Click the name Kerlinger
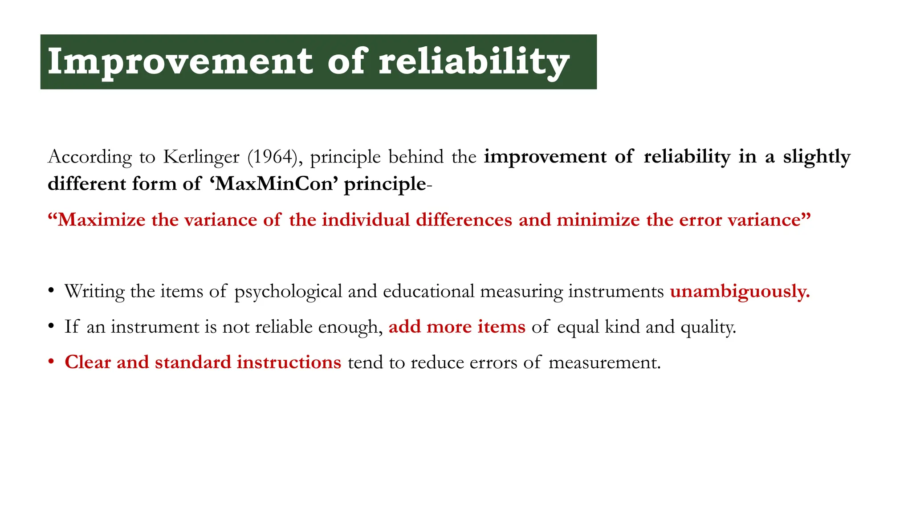201,157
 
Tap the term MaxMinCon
273,184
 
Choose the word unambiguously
740,292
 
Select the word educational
428,292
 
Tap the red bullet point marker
51,362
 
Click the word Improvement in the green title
180,62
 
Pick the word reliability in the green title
474,62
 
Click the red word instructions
289,362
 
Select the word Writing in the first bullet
94,292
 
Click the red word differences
464,220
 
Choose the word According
90,157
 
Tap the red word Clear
88,362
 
